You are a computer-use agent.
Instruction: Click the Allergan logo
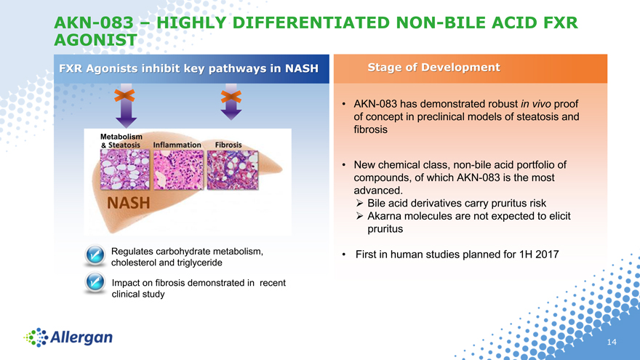pos(68,337)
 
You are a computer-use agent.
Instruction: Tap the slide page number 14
pos(612,342)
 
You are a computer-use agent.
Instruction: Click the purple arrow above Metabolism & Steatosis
pos(126,106)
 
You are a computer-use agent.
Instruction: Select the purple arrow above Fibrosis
pos(231,102)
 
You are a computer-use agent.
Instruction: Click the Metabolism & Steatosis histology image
pos(125,169)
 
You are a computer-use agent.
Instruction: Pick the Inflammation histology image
pos(178,169)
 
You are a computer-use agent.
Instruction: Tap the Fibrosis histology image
pos(233,169)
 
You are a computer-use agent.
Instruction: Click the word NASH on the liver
pos(129,203)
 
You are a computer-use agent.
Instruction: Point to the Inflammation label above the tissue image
pos(177,145)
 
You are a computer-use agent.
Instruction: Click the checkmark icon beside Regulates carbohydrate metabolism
pos(95,255)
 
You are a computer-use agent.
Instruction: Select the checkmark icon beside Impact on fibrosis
pos(95,282)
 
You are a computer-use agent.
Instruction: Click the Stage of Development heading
pos(434,68)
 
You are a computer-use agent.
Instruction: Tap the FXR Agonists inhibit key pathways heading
pos(188,68)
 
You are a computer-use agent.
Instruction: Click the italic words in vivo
pos(535,104)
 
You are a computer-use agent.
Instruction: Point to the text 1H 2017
pos(539,255)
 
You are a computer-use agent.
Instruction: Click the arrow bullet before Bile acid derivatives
pos(359,203)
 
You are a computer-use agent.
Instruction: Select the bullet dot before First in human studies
pos(344,255)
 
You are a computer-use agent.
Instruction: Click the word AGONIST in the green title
pos(95,40)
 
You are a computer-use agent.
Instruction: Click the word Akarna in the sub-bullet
pos(384,216)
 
